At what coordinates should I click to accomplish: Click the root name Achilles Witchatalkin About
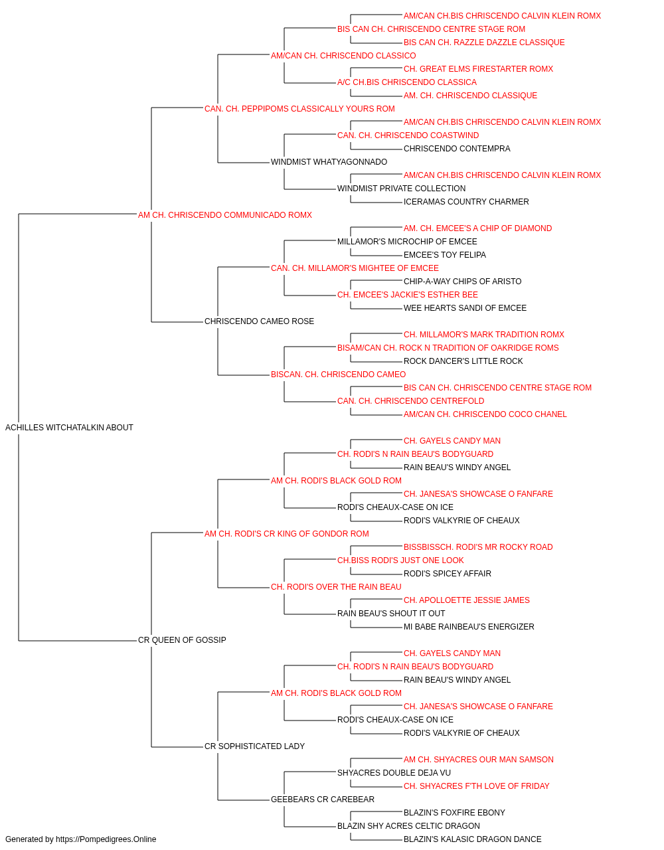(x=69, y=428)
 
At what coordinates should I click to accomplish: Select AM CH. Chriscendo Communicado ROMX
(x=225, y=215)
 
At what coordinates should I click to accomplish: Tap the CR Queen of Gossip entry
(x=182, y=640)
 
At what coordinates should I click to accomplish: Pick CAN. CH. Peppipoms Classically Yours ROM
(x=299, y=109)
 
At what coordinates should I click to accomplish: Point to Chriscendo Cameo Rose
(x=259, y=321)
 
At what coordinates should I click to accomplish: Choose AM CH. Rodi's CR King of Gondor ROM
(x=287, y=534)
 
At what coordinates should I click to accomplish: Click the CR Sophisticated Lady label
(x=254, y=746)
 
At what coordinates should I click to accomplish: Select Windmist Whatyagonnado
(x=329, y=162)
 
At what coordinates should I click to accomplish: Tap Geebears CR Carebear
(x=323, y=800)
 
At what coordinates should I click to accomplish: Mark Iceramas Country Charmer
(x=466, y=202)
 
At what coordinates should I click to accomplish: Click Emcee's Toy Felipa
(x=445, y=255)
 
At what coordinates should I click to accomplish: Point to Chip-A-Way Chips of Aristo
(x=462, y=282)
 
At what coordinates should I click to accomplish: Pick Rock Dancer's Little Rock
(x=463, y=361)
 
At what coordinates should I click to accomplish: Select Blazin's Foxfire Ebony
(x=454, y=813)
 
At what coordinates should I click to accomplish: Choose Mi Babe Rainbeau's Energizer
(x=469, y=627)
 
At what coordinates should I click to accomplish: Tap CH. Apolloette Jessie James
(x=467, y=600)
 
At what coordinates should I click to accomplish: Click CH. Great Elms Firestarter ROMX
(x=478, y=69)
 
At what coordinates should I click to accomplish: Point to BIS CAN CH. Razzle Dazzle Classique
(x=484, y=42)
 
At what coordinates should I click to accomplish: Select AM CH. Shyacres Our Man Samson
(x=479, y=760)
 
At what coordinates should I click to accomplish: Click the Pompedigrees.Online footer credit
(x=80, y=839)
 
